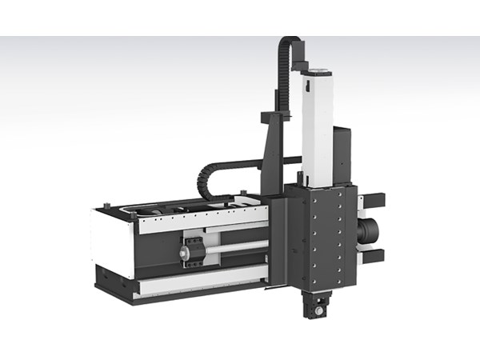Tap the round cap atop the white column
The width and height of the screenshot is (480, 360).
318,71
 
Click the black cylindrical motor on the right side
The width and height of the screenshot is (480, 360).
370,231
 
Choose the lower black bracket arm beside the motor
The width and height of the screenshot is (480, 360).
374,257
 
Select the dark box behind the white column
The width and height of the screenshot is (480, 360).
342,152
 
